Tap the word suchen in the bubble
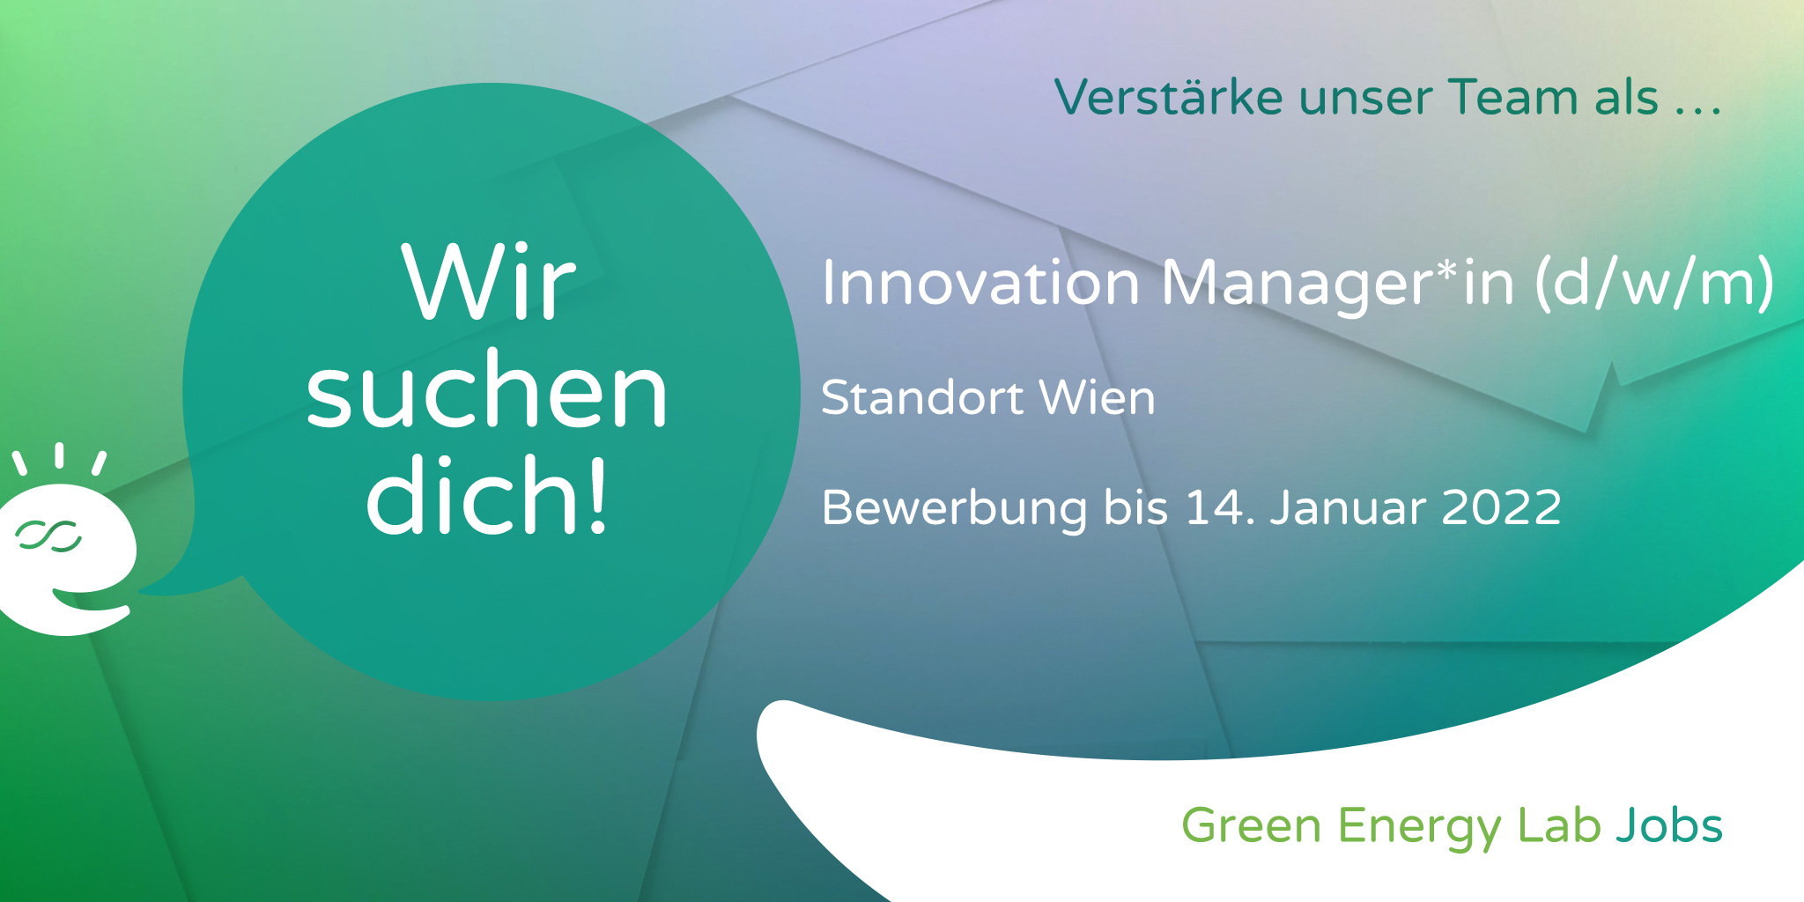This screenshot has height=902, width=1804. pyautogui.click(x=487, y=389)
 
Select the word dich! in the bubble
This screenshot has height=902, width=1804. pyautogui.click(x=487, y=494)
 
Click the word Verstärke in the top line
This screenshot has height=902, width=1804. pyautogui.click(x=1169, y=97)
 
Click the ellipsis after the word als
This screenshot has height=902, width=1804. pyautogui.click(x=1697, y=110)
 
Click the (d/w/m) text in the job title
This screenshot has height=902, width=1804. pyautogui.click(x=1654, y=284)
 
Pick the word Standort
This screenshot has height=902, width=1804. pyautogui.click(x=920, y=397)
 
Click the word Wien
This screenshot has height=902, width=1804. pyautogui.click(x=1098, y=397)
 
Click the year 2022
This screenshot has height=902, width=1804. pyautogui.click(x=1501, y=508)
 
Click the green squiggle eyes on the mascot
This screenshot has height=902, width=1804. pyautogui.click(x=48, y=536)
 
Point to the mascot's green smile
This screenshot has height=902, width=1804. pyautogui.click(x=88, y=603)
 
